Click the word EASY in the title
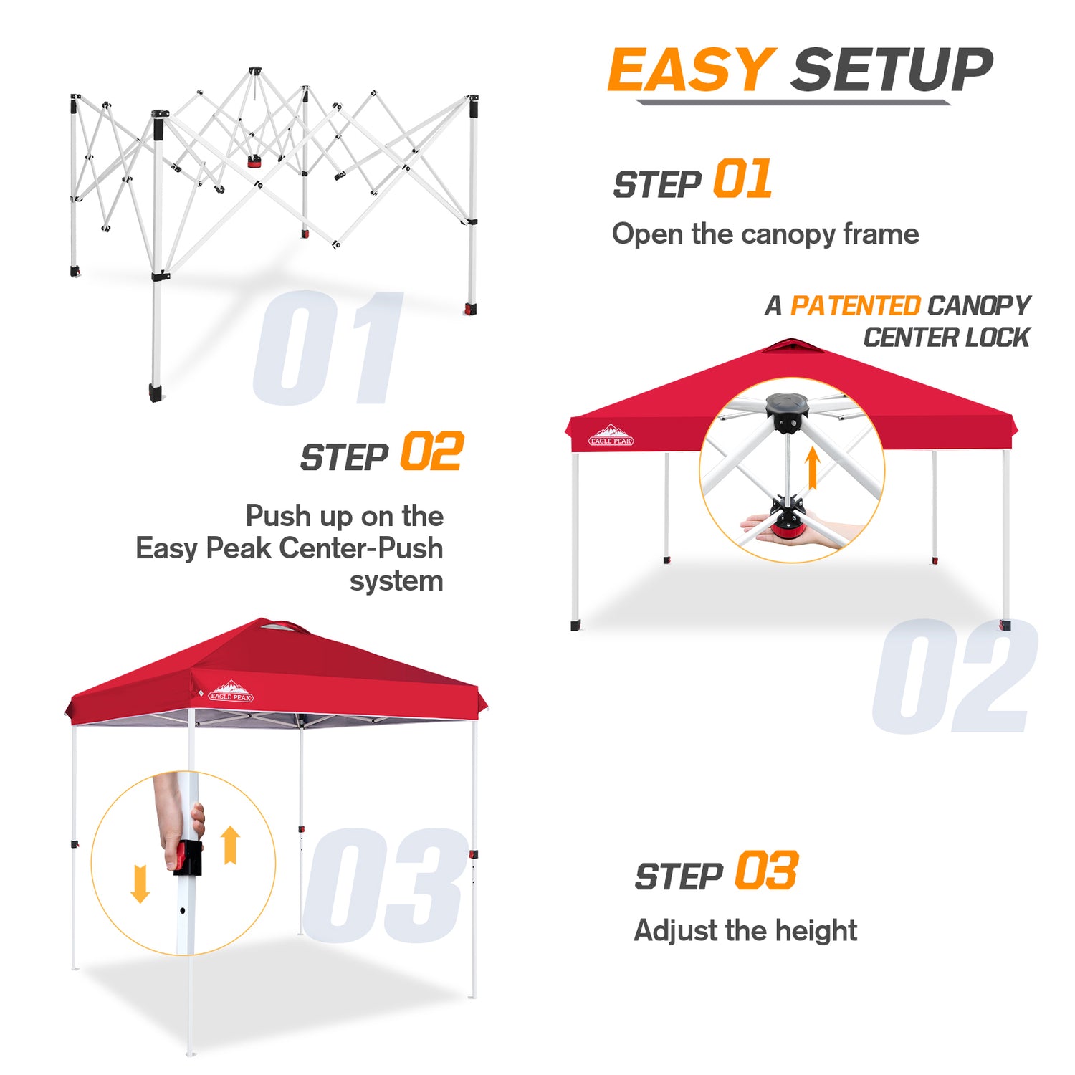pyautogui.click(x=692, y=70)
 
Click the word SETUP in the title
pyautogui.click(x=893, y=70)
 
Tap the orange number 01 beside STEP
pyautogui.click(x=742, y=179)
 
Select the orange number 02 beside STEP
pyautogui.click(x=432, y=451)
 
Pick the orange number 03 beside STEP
pyautogui.click(x=767, y=871)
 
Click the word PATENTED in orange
pyautogui.click(x=855, y=306)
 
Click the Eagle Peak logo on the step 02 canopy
pyautogui.click(x=611, y=435)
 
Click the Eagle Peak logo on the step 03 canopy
pyautogui.click(x=231, y=691)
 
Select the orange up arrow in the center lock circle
pyautogui.click(x=812, y=468)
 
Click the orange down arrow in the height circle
pyautogui.click(x=140, y=884)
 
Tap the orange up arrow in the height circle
pyautogui.click(x=230, y=845)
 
